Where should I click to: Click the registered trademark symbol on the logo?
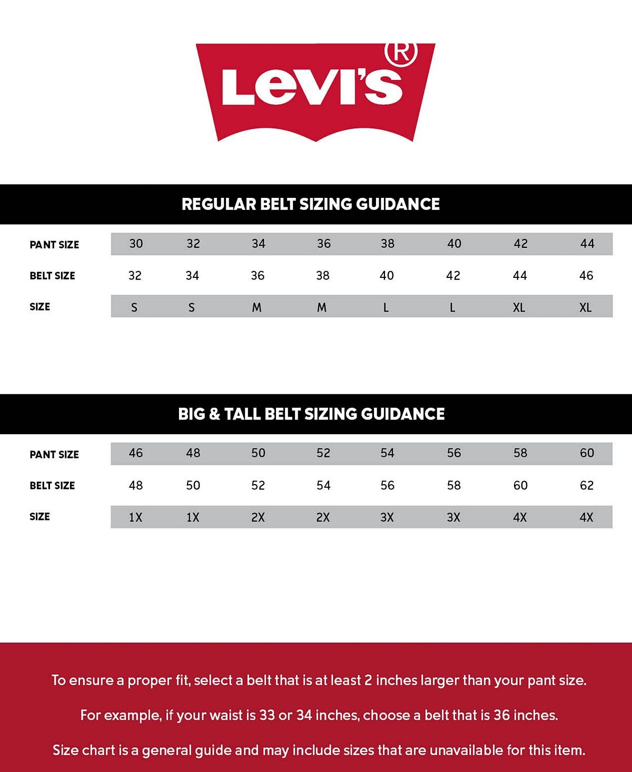(401, 53)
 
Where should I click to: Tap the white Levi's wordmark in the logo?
(312, 86)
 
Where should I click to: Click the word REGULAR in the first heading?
(218, 204)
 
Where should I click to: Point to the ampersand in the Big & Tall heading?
(214, 414)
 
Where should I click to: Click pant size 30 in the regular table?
(136, 244)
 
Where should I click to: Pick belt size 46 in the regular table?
(586, 276)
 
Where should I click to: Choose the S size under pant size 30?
(134, 307)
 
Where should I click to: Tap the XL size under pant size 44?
(586, 307)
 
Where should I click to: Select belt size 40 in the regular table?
(387, 276)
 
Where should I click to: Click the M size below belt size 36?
(256, 307)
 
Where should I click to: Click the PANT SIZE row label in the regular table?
(54, 245)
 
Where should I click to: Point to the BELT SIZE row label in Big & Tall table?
(52, 486)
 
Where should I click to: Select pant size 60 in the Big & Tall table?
(587, 453)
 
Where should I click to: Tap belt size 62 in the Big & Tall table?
(587, 485)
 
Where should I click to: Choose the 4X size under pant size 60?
(587, 517)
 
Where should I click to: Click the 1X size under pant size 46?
(136, 517)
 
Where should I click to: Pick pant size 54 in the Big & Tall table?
(387, 453)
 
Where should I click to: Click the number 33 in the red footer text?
(267, 715)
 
